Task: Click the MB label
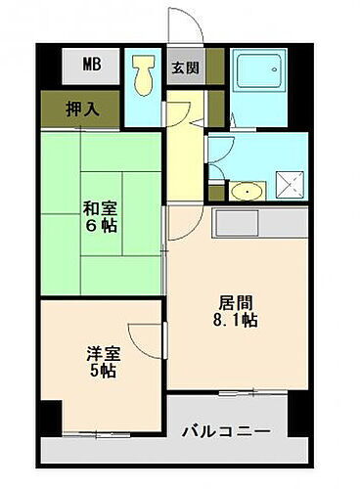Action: pos(91,66)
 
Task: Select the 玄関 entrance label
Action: pos(184,68)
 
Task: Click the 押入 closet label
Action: pos(82,109)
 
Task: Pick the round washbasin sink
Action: pos(248,190)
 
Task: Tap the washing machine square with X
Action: pos(290,186)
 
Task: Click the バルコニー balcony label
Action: pos(227,430)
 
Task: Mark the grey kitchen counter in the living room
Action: pos(259,223)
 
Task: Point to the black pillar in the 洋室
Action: pos(50,415)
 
